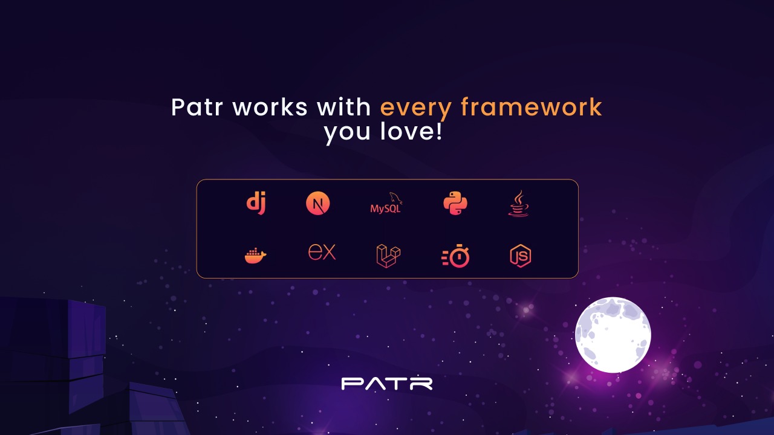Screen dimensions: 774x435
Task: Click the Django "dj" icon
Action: click(x=256, y=204)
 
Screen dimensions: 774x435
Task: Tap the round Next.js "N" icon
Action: click(x=318, y=203)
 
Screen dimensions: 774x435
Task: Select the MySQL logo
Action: click(x=386, y=203)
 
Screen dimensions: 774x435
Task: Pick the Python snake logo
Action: click(x=455, y=203)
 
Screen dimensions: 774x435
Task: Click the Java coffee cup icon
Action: click(x=518, y=204)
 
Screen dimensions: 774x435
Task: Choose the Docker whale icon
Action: click(x=256, y=256)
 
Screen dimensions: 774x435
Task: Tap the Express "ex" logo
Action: click(x=322, y=252)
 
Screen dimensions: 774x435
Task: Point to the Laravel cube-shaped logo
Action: click(x=388, y=256)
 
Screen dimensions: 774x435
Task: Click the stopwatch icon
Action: click(x=455, y=256)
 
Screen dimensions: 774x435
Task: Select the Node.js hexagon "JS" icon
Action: click(x=521, y=256)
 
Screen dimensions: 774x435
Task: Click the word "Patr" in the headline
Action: click(x=197, y=107)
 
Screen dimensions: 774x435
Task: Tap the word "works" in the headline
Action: click(x=270, y=107)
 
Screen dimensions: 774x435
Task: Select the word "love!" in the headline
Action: click(x=411, y=131)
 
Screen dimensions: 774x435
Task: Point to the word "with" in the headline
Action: click(x=343, y=107)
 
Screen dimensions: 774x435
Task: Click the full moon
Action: click(x=613, y=335)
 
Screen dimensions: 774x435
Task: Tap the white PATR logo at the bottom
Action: click(x=386, y=384)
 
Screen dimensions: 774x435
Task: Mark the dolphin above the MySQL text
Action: click(x=396, y=198)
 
